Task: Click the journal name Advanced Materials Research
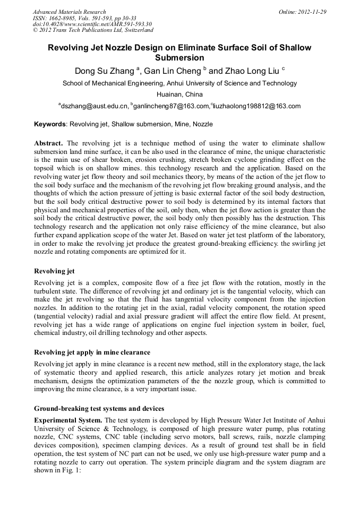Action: pyautogui.click(x=69, y=12)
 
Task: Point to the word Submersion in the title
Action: pyautogui.click(x=179, y=58)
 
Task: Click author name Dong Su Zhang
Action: pyautogui.click(x=104, y=71)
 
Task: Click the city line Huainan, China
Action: pyautogui.click(x=179, y=94)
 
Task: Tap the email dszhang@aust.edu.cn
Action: pyautogui.click(x=94, y=106)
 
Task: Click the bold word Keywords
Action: pyautogui.click(x=49, y=124)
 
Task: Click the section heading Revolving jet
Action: pyautogui.click(x=54, y=271)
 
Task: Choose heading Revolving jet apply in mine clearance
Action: pyautogui.click(x=92, y=352)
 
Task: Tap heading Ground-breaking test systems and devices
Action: pyautogui.click(x=99, y=409)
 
